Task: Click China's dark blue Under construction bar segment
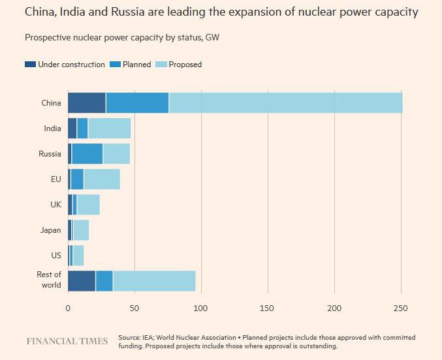coord(87,103)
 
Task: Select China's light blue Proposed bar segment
coord(285,103)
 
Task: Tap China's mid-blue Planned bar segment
coord(137,103)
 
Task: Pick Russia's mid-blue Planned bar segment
coord(87,154)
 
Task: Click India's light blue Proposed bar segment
coord(109,128)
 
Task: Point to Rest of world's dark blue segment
coord(82,280)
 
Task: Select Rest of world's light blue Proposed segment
coord(154,280)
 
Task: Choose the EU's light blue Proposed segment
coord(102,179)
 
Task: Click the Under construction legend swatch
coord(30,65)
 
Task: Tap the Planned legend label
coord(138,65)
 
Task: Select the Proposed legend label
coord(185,65)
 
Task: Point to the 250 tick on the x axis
coord(401,308)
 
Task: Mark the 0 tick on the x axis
coord(68,308)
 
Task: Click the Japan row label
coord(51,230)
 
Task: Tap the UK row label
coord(55,205)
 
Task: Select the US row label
coord(56,256)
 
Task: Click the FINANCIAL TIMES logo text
coord(67,341)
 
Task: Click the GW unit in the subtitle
coord(212,37)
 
